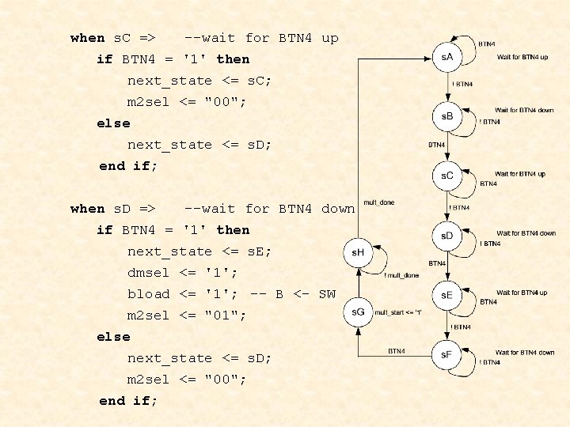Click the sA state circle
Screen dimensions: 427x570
(x=448, y=57)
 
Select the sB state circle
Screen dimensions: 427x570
(x=448, y=116)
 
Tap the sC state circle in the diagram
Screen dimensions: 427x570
(x=448, y=175)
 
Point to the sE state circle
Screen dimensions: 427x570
(x=448, y=294)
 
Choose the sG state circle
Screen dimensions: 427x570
(x=358, y=312)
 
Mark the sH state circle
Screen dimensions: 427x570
(x=358, y=253)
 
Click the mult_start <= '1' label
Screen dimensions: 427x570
(x=398, y=312)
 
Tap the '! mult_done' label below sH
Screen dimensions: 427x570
(x=401, y=275)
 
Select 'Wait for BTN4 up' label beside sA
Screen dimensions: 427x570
(x=522, y=57)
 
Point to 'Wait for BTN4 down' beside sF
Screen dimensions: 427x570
(x=525, y=353)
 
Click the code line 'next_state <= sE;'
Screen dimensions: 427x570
(x=199, y=251)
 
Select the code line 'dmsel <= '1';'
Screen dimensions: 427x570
(x=183, y=273)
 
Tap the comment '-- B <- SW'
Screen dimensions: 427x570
(x=293, y=294)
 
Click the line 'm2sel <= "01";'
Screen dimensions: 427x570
(x=187, y=316)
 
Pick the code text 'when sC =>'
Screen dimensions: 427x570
(x=112, y=38)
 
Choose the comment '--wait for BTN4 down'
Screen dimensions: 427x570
(x=269, y=209)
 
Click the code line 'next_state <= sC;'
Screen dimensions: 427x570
(x=199, y=81)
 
